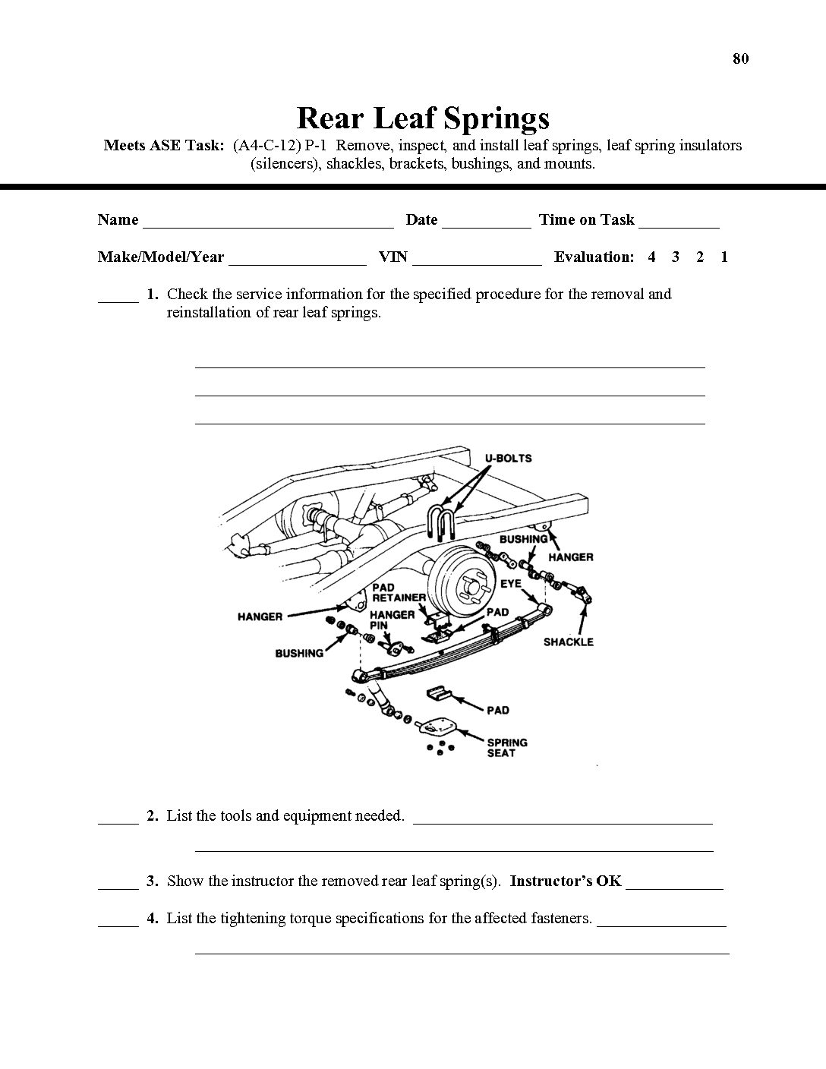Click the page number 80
[740, 58]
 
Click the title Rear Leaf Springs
[422, 118]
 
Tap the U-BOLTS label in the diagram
[508, 458]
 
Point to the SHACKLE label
[568, 642]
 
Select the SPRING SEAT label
[506, 748]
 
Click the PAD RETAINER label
[399, 592]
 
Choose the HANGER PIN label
[392, 620]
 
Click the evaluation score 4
[651, 257]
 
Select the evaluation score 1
[724, 257]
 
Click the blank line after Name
[268, 225]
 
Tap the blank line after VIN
[477, 262]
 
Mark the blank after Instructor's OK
[674, 886]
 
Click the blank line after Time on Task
[679, 225]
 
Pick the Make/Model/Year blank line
[297, 262]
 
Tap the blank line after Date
[486, 225]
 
